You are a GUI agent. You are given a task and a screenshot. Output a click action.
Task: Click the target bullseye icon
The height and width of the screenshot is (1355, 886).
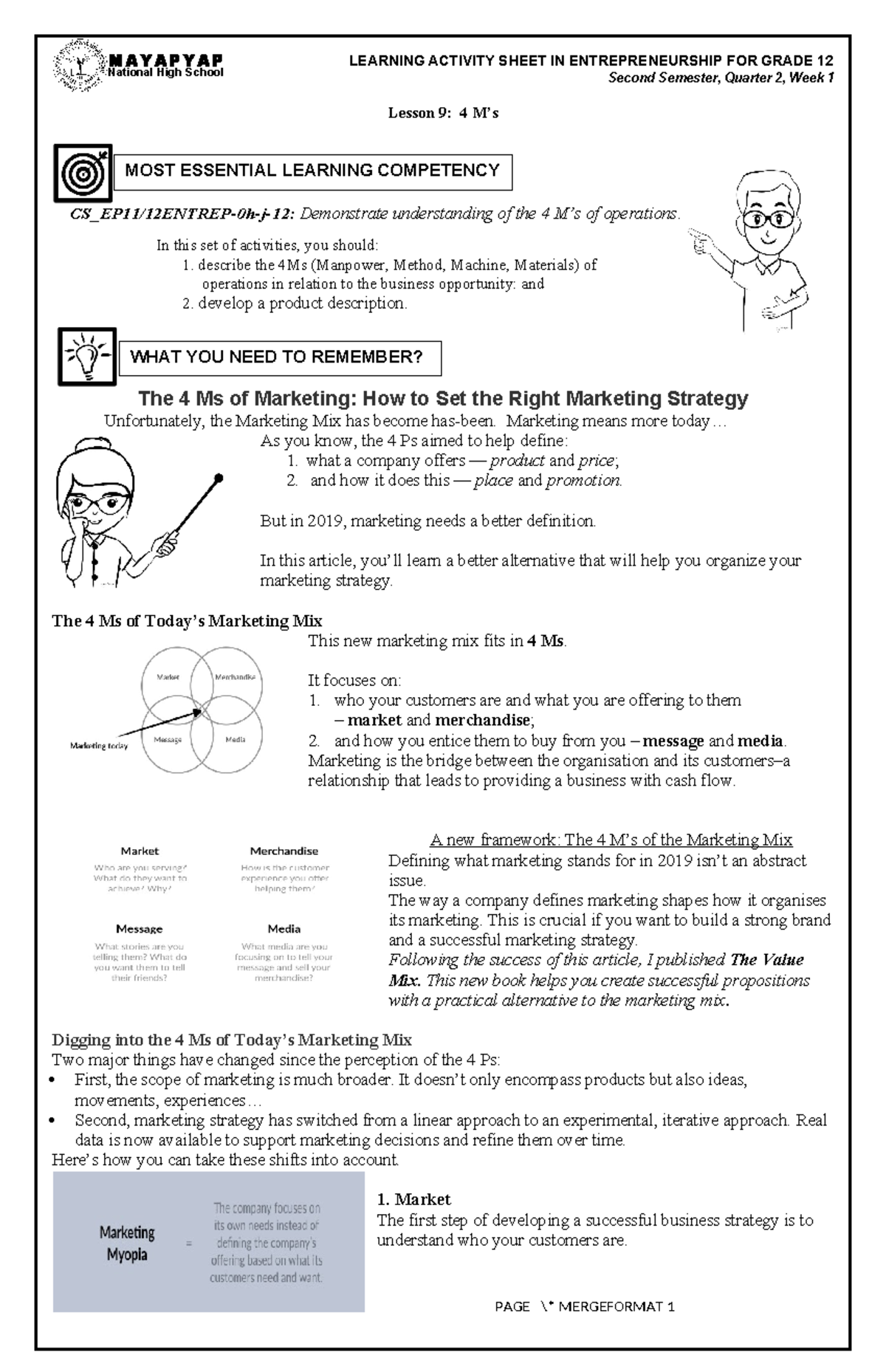pos(83,173)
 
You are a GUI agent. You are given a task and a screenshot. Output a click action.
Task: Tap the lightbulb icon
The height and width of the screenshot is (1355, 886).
pos(87,357)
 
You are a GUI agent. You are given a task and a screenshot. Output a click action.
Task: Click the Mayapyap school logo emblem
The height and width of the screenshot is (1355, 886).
pos(79,66)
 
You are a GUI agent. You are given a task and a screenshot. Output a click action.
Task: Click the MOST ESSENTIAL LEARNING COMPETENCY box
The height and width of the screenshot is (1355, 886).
pos(312,171)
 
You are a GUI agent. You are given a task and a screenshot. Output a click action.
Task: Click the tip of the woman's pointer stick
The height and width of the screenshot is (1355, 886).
pos(219,478)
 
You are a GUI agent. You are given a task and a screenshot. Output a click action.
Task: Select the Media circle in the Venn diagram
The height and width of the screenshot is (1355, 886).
pos(236,739)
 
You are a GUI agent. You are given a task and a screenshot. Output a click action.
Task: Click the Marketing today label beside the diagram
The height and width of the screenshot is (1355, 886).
pos(99,746)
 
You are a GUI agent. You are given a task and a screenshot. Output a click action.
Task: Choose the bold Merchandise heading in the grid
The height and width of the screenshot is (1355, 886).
pos(284,851)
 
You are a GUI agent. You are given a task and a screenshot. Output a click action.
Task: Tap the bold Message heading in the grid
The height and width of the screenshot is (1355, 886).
pos(139,929)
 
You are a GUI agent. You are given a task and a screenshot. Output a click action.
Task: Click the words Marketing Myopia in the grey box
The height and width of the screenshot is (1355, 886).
pos(127,1243)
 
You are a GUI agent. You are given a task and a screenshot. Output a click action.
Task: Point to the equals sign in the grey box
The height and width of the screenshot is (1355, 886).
pos(189,1244)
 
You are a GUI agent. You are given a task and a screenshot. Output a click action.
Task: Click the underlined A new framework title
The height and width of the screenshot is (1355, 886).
pos(611,840)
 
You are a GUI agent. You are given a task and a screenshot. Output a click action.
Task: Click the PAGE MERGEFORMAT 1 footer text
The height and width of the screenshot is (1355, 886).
pos(585,1307)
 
